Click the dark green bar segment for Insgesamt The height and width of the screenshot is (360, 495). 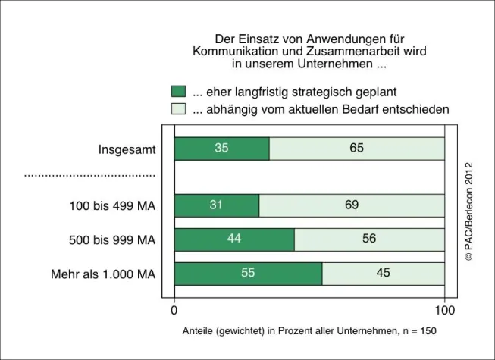click(x=221, y=149)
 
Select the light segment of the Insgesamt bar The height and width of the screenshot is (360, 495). click(x=356, y=149)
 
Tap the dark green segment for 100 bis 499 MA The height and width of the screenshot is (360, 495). click(x=216, y=205)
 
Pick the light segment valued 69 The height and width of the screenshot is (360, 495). click(x=351, y=205)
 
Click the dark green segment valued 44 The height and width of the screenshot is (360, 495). click(x=234, y=239)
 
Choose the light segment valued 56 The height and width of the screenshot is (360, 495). click(x=369, y=239)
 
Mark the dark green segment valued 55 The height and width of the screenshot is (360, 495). click(x=248, y=273)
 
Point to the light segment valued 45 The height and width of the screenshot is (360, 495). click(x=384, y=273)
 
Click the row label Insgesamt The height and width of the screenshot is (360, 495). click(x=127, y=149)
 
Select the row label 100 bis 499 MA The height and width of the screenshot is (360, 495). click(x=112, y=205)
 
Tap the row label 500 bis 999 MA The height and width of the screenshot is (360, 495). click(x=112, y=239)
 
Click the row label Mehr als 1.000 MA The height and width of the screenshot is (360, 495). click(x=104, y=274)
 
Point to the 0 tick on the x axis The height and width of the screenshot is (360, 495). click(x=174, y=310)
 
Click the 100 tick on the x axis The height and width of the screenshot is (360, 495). click(x=444, y=310)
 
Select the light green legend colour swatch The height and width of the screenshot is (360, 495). click(x=178, y=109)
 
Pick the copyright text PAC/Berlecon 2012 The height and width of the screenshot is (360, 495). click(x=468, y=212)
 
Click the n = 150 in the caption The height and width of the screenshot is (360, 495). click(x=418, y=331)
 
